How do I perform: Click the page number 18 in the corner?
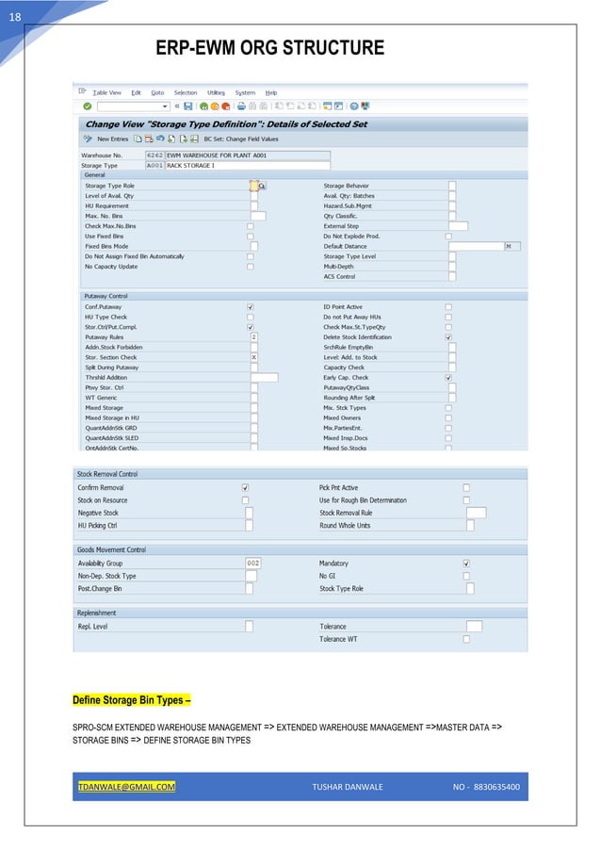15,16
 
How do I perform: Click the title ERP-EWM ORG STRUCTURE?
270,48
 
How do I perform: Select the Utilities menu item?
216,92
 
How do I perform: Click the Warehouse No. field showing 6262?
155,155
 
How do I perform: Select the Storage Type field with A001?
155,165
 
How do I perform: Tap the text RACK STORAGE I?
191,165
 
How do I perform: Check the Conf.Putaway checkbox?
250,306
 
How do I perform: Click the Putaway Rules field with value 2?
254,336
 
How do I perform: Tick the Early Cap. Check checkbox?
448,377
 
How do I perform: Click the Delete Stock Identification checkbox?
448,336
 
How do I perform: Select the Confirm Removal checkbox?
246,487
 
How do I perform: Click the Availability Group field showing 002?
252,563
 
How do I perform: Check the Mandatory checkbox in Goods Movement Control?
466,563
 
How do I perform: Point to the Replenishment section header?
96,613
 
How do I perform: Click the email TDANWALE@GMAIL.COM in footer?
126,786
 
